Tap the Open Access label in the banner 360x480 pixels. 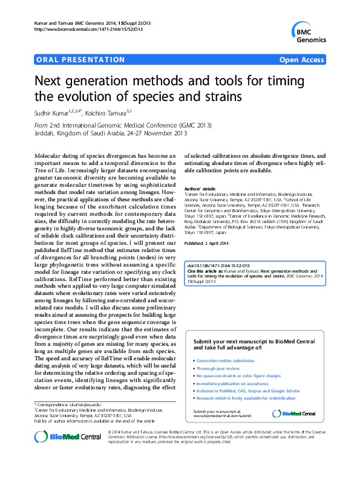[x=302, y=61]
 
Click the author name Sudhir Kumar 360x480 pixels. [x=51, y=112]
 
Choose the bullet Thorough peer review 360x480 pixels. [x=219, y=368]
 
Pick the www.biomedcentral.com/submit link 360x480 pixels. [x=221, y=416]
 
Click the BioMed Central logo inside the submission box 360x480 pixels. [x=293, y=414]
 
